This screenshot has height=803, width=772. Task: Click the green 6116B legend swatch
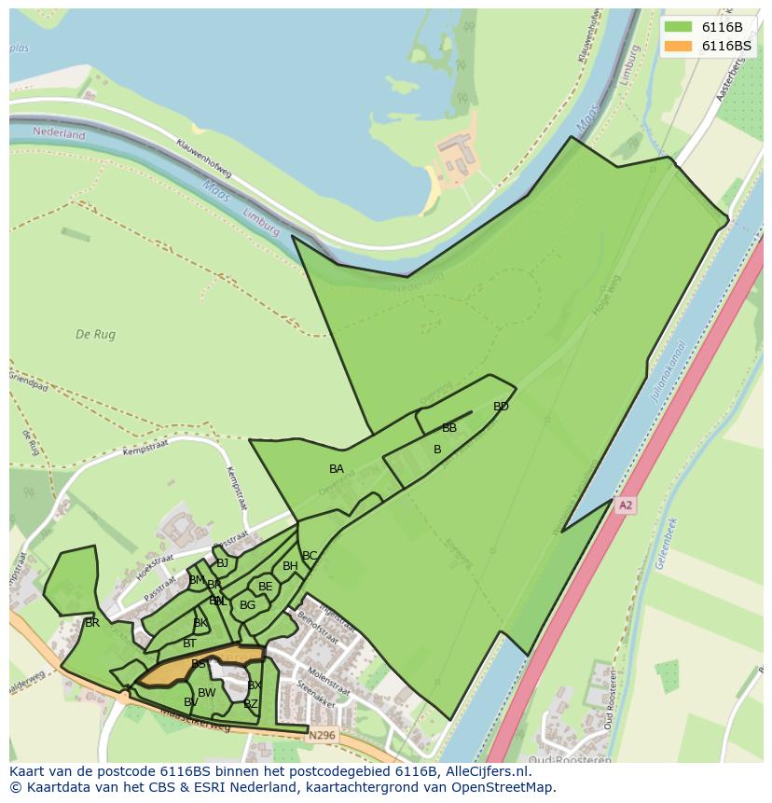(x=678, y=27)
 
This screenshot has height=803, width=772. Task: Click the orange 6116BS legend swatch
(x=678, y=46)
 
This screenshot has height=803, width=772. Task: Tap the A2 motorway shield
(x=625, y=505)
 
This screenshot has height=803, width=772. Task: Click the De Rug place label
(x=94, y=334)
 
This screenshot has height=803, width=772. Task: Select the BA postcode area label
(x=337, y=468)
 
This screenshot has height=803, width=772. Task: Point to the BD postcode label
(x=501, y=406)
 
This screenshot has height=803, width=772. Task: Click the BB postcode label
(x=449, y=428)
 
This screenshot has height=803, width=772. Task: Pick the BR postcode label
(x=91, y=622)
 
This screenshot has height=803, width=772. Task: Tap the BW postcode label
(x=206, y=692)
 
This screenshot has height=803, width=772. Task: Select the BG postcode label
(x=247, y=605)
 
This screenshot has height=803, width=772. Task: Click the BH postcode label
(x=290, y=566)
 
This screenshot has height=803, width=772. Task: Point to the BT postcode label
(x=189, y=644)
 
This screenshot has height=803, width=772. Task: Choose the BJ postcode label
(x=222, y=562)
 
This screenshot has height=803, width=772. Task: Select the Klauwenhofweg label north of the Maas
(x=204, y=159)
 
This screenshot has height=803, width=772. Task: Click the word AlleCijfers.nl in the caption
(x=487, y=771)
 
